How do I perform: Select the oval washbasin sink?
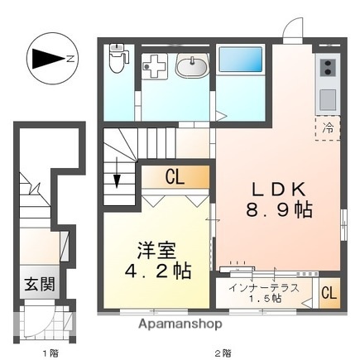tap(194, 65)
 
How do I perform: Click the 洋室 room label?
tap(156, 247)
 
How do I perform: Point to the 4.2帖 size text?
tap(156, 270)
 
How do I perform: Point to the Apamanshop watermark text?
tap(178, 324)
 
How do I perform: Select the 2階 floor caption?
tap(223, 353)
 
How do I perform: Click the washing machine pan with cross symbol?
tap(154, 67)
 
